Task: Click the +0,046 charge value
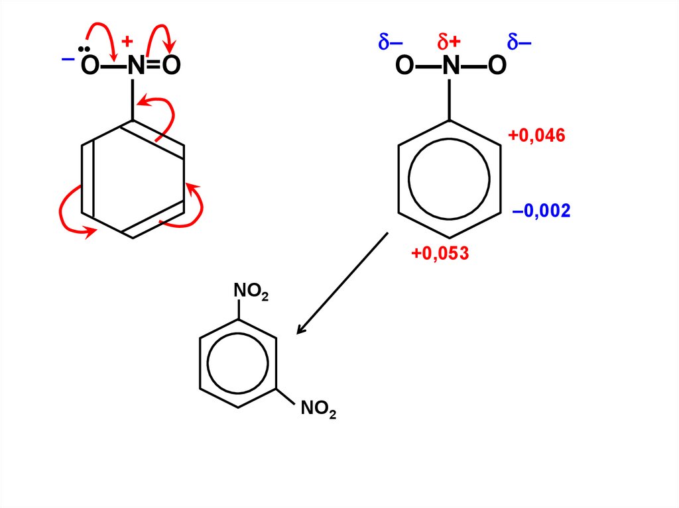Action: (536, 136)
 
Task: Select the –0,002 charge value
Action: (541, 211)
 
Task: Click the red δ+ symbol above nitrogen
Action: (449, 43)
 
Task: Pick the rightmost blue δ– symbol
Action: (519, 43)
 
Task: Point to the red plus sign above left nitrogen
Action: (127, 44)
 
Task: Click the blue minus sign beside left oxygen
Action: (68, 59)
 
